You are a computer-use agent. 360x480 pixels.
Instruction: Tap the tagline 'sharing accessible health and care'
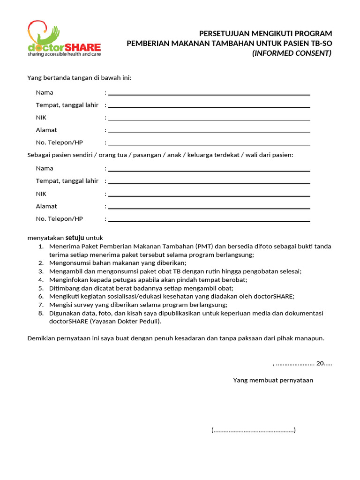[x=64, y=54]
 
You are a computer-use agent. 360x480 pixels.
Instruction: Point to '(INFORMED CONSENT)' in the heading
[x=292, y=53]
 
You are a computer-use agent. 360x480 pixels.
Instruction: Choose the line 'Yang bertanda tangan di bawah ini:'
[x=79, y=77]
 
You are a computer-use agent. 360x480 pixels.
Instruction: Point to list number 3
[x=41, y=271]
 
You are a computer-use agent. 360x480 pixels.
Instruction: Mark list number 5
[x=41, y=288]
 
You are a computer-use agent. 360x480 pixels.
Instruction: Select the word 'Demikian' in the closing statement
[x=41, y=338]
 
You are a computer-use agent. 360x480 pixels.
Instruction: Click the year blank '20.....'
[x=324, y=363]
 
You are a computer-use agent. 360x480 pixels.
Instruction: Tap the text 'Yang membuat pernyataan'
[x=273, y=380]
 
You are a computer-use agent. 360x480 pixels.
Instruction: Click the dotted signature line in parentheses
[x=254, y=430]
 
